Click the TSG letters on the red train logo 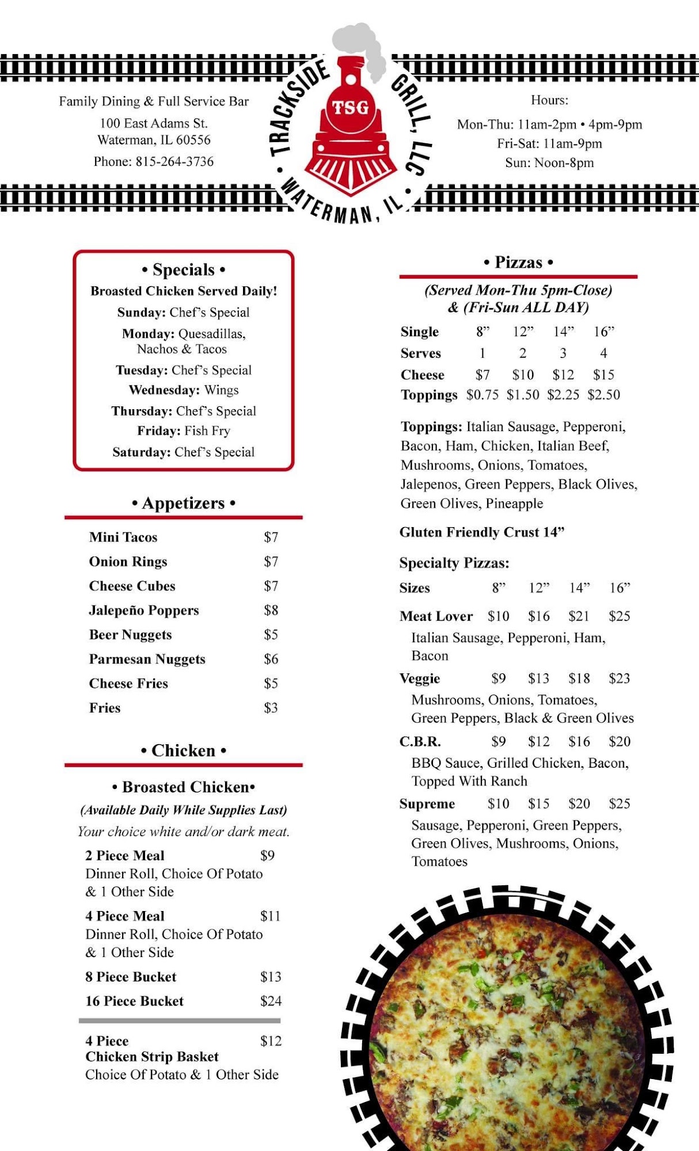pos(350,107)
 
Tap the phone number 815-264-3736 pos(174,162)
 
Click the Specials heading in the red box pos(184,269)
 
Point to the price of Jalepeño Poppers pos(271,610)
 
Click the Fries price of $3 pos(271,708)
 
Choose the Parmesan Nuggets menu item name pos(147,659)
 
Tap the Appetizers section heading pos(184,503)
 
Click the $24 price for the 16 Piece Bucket pos(271,1001)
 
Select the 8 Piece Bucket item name pos(131,977)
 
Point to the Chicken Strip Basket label pos(152,1057)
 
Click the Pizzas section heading pos(518,262)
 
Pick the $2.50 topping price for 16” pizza pos(603,395)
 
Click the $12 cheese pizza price pos(563,375)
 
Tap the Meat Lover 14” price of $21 pos(579,616)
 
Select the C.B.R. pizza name pos(420,741)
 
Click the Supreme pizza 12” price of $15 pos(538,804)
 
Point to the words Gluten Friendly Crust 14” pos(482,532)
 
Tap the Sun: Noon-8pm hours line pos(549,163)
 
